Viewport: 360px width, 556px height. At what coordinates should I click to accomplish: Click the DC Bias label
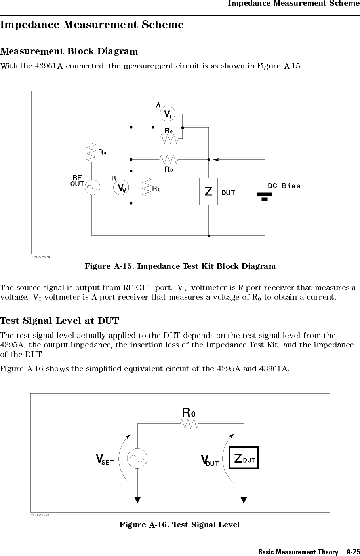click(284, 186)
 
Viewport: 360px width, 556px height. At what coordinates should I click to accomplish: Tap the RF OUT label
click(77, 181)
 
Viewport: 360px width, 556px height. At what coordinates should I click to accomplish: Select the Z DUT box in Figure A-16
click(244, 458)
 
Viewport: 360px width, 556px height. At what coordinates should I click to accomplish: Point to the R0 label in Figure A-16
click(189, 412)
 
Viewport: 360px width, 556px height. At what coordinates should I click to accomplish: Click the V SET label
click(105, 460)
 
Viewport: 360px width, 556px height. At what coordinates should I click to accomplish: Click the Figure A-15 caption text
click(180, 266)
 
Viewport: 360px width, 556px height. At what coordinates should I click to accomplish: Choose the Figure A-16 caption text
click(179, 524)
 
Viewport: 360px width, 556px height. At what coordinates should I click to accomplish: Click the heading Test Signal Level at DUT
click(59, 320)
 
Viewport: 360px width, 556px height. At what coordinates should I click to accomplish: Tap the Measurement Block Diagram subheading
click(69, 51)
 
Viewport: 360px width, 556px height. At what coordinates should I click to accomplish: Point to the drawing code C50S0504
click(40, 256)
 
